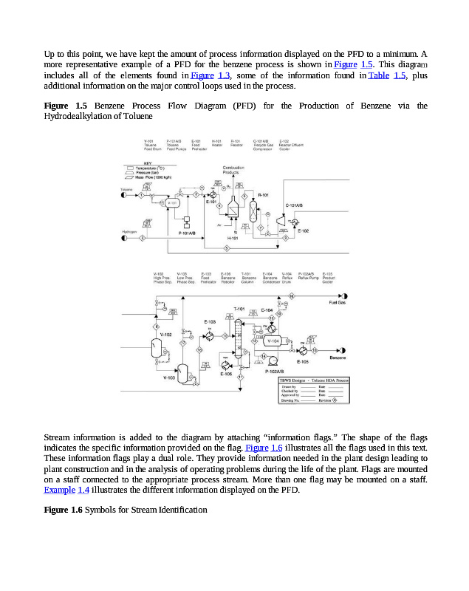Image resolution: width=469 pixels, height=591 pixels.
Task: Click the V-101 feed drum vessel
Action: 172,202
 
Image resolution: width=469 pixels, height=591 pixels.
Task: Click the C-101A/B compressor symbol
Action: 281,220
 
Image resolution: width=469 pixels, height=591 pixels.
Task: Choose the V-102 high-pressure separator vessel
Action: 156,348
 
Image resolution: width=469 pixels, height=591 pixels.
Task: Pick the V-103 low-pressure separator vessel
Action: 182,369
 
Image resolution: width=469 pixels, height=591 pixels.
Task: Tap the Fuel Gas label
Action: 338,302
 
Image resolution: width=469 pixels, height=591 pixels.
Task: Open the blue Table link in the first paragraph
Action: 378,75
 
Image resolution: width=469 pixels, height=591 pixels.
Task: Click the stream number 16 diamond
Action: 291,295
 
